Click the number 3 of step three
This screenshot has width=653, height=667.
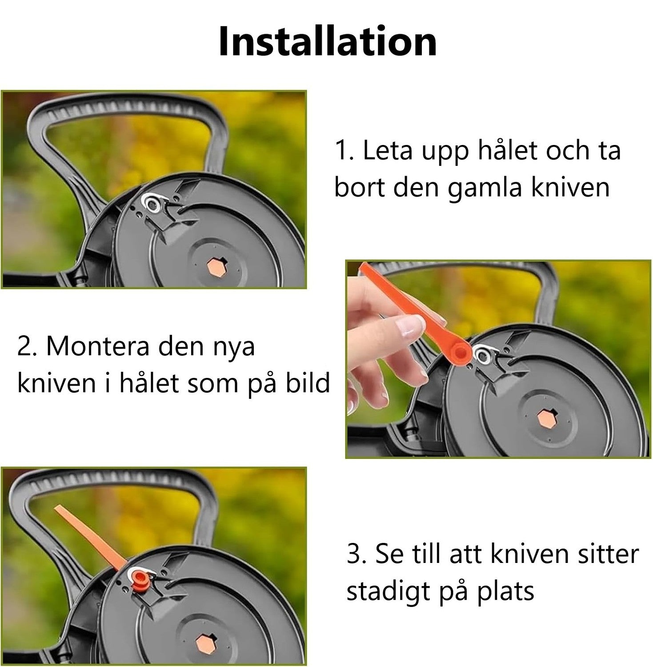353,554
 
